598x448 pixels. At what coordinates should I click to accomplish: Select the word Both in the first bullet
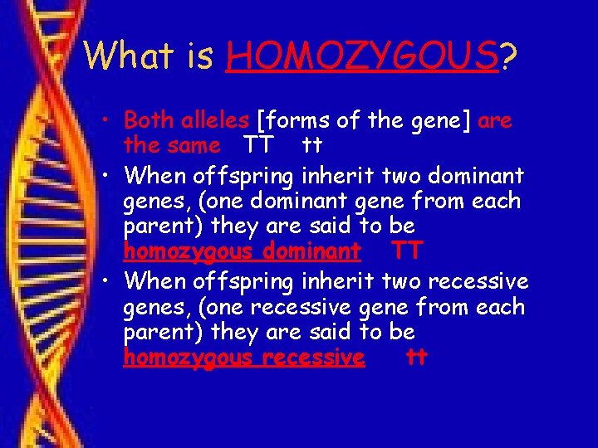147,120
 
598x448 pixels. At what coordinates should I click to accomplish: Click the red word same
194,146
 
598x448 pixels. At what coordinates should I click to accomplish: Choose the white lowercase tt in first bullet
311,146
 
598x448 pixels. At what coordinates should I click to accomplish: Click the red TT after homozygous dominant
407,251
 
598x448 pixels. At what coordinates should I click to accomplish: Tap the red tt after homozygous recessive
417,358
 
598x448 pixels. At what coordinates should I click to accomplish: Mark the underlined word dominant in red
319,251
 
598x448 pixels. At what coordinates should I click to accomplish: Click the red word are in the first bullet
495,122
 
